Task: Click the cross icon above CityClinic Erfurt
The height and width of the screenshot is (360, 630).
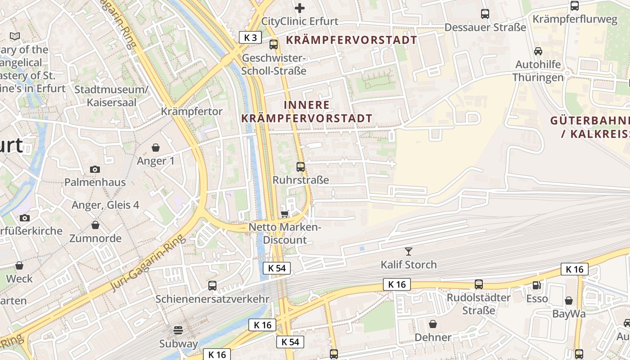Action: point(300,8)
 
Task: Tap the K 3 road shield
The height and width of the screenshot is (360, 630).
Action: point(250,37)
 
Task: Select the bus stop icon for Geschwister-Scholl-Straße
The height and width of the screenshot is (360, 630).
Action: point(274,44)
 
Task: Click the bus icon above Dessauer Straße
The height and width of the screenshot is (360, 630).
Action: point(485,14)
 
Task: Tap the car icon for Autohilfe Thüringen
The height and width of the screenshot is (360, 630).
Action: point(538,51)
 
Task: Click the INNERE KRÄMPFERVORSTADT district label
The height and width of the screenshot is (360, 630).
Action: point(307,112)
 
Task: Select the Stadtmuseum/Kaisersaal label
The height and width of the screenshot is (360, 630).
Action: point(111,96)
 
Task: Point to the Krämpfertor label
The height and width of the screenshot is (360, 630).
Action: point(192,111)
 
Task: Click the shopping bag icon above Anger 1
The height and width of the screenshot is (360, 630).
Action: point(156,148)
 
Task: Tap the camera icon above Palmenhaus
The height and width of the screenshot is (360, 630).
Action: point(95,169)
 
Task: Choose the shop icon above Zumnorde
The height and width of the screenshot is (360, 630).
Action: point(95,225)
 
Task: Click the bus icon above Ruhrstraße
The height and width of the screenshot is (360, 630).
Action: point(301,167)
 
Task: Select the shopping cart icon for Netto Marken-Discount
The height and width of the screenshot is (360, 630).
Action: point(284,214)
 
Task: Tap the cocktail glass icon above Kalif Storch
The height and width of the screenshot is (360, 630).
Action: point(409,251)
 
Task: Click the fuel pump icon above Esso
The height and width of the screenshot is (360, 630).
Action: point(537,285)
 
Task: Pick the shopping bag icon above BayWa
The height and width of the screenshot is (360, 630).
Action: point(569,301)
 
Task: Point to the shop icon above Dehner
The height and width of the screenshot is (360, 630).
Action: point(433,324)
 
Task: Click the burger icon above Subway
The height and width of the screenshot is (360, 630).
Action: point(178,330)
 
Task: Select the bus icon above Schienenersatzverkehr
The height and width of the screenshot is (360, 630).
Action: point(212,285)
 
